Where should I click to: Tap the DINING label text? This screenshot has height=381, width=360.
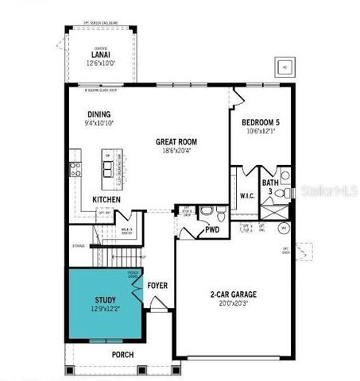(x=99, y=114)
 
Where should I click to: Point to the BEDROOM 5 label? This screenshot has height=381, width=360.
(x=261, y=122)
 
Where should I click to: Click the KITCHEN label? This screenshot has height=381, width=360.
(x=107, y=199)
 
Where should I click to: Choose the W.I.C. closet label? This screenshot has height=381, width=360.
(x=246, y=194)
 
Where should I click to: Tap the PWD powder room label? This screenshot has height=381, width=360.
(x=212, y=230)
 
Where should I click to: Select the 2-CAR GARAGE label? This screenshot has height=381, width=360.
(x=233, y=294)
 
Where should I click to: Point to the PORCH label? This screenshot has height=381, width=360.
(x=122, y=354)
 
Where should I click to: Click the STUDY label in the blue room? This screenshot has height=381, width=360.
(x=106, y=300)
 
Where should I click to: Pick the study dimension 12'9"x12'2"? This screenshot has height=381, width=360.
(x=106, y=310)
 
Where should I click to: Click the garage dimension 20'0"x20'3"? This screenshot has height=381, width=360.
(x=233, y=304)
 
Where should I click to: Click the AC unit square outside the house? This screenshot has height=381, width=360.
(x=285, y=67)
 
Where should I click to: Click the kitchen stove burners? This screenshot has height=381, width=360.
(x=76, y=167)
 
